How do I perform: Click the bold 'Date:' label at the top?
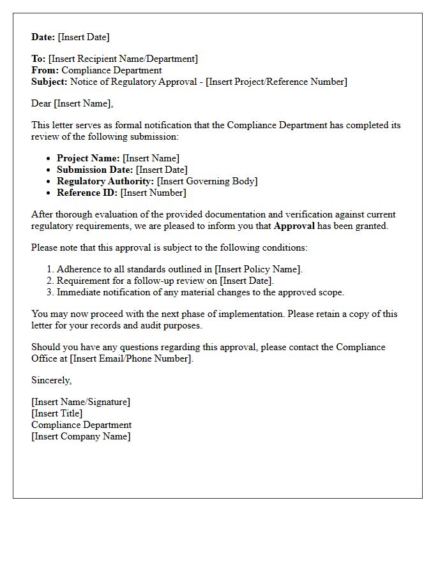point(43,37)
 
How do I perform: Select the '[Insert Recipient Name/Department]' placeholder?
point(123,59)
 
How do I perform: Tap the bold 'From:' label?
point(45,70)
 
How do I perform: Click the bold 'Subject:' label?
point(49,82)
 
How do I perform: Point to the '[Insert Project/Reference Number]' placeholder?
point(277,82)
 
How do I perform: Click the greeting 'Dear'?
point(42,103)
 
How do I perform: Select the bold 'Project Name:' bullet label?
point(88,158)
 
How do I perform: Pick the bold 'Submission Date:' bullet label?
point(95,170)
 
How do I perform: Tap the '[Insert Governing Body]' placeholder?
point(208,181)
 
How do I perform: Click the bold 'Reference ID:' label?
point(87,193)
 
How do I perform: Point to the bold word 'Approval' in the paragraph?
point(294,226)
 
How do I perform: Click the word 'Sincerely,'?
point(52,380)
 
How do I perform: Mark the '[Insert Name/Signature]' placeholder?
point(81,402)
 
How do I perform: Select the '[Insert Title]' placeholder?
point(57,413)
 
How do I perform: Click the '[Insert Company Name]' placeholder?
point(81,436)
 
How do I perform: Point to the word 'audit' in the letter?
point(144,325)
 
